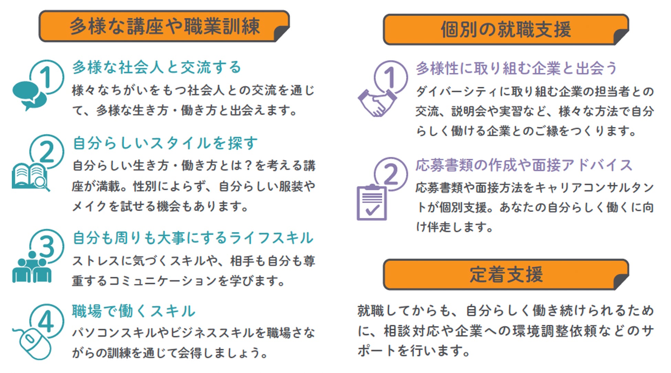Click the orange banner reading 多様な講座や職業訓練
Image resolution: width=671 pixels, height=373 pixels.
click(x=164, y=26)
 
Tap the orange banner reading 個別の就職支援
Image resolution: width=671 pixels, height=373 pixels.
click(x=505, y=29)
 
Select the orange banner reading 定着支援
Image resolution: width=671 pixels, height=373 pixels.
click(x=505, y=274)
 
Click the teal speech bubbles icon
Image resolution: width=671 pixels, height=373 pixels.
click(x=29, y=95)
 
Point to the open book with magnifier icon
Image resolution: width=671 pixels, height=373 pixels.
click(x=30, y=177)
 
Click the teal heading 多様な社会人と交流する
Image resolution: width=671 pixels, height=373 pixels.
click(x=157, y=67)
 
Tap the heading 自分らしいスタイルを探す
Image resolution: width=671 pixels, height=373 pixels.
click(x=165, y=143)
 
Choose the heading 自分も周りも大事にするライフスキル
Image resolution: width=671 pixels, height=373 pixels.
click(x=193, y=238)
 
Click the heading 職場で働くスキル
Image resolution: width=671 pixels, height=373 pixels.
click(x=134, y=311)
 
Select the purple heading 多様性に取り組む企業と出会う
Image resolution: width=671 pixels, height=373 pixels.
click(x=516, y=68)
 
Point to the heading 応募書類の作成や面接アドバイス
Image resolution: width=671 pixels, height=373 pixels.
click(x=524, y=165)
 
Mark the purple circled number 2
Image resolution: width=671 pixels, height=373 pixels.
click(x=391, y=174)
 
